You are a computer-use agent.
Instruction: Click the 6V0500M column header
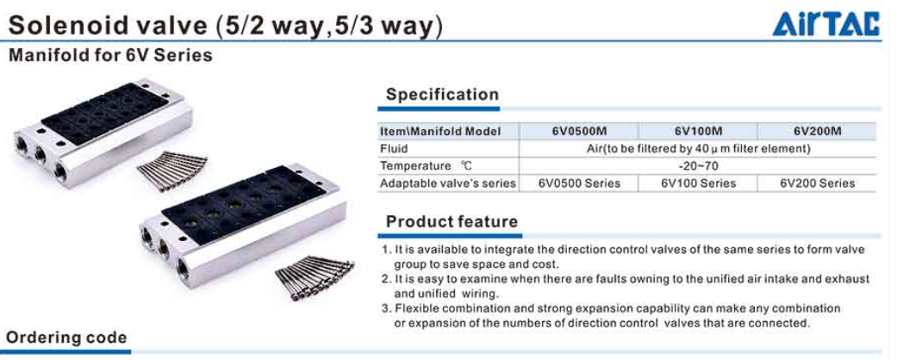pyautogui.click(x=578, y=132)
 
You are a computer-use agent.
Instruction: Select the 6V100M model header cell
pyautogui.click(x=698, y=132)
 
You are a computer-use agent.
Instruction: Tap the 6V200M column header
pyautogui.click(x=817, y=132)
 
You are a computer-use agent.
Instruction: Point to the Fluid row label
pyautogui.click(x=394, y=149)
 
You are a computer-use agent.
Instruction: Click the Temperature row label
pyautogui.click(x=426, y=166)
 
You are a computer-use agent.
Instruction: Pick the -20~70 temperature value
pyautogui.click(x=700, y=166)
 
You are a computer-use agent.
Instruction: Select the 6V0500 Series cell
pyautogui.click(x=579, y=183)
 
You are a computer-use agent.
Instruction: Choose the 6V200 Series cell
pyautogui.click(x=817, y=183)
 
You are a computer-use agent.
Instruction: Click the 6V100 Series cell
pyautogui.click(x=698, y=183)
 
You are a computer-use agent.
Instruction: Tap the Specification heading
pyautogui.click(x=442, y=94)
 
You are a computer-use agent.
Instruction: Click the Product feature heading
pyautogui.click(x=452, y=221)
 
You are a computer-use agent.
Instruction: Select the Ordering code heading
pyautogui.click(x=66, y=337)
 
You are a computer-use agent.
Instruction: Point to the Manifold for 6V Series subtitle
pyautogui.click(x=109, y=55)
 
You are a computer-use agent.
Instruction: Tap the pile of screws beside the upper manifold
pyautogui.click(x=172, y=171)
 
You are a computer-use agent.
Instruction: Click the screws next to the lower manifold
pyautogui.click(x=314, y=276)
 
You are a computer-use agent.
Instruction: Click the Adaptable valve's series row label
pyautogui.click(x=448, y=183)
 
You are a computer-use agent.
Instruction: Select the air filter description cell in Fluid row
pyautogui.click(x=699, y=149)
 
